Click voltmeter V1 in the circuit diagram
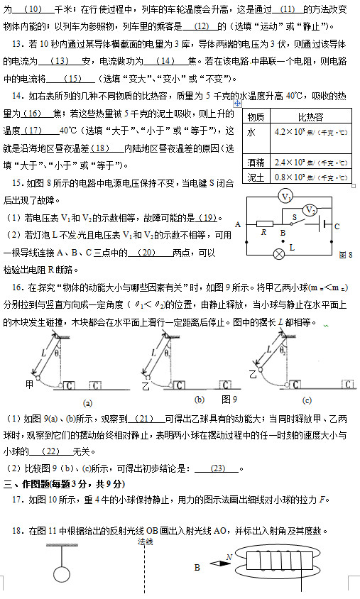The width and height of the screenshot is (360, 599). coord(285,197)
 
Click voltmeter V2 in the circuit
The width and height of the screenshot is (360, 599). coord(310,210)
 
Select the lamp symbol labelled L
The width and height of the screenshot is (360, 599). coord(279,254)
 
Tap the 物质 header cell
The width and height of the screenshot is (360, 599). coord(256,116)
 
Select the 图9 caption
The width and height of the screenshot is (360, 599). coord(229,399)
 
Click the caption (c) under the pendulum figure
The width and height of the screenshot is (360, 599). coord(307,400)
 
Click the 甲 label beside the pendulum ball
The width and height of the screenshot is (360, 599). coord(30,383)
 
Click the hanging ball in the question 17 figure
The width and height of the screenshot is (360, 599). coord(62,574)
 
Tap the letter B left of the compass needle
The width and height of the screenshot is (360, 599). coord(197,567)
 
